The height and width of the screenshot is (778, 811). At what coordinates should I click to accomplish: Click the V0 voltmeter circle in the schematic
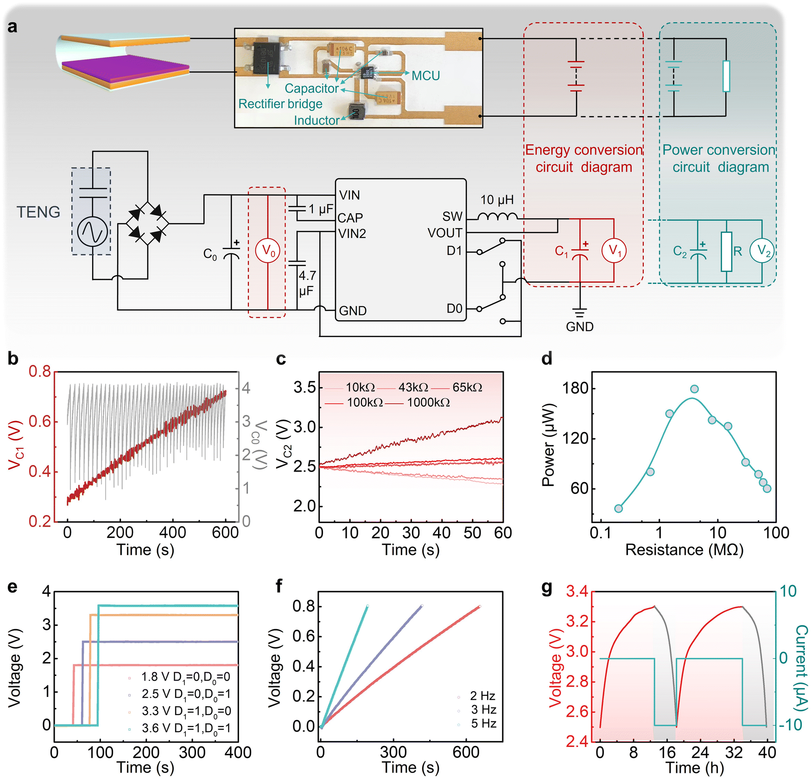(267, 251)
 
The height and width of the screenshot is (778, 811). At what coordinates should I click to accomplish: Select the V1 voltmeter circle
(614, 251)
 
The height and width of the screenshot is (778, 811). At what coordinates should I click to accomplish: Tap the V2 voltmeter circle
(762, 251)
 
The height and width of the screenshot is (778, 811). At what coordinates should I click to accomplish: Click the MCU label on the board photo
(425, 76)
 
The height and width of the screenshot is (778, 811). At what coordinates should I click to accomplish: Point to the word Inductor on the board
(316, 121)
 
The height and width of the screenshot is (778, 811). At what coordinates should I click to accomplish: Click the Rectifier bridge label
(280, 104)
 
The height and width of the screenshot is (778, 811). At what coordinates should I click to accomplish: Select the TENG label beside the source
(38, 212)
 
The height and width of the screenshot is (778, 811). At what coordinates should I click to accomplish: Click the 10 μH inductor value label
(497, 200)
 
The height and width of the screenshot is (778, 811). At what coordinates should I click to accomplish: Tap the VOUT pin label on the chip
(444, 233)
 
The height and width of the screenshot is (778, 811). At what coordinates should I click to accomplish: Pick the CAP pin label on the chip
(350, 218)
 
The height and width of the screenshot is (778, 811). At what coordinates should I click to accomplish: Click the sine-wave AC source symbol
(93, 231)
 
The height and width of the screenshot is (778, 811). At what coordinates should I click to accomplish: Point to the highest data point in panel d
(694, 389)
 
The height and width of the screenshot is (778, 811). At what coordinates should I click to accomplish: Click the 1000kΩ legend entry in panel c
(428, 402)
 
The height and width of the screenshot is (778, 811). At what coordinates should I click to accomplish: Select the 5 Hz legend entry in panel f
(483, 723)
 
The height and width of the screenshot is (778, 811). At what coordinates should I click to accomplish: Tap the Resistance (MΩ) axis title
(684, 550)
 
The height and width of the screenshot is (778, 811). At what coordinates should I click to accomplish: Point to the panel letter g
(547, 587)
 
